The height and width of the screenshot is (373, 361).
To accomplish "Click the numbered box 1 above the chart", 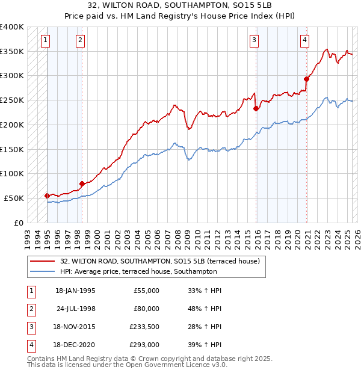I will tap(46, 40).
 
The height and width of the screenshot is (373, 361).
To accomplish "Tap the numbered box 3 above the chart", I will tap(255, 40).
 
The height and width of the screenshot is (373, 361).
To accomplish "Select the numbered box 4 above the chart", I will tap(305, 40).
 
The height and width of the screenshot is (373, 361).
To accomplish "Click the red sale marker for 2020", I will tap(306, 79).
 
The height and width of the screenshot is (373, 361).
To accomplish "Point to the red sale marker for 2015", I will tap(256, 108).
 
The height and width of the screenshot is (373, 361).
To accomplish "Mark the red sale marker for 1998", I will tap(82, 183).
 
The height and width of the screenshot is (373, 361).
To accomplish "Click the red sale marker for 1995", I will tap(47, 196).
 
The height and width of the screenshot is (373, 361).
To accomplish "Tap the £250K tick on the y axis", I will tap(12, 100).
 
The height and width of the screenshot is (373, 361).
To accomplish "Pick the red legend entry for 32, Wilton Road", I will tap(159, 261).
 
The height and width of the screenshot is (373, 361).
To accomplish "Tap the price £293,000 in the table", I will tap(144, 345).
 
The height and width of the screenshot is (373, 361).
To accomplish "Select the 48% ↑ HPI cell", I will tap(205, 309).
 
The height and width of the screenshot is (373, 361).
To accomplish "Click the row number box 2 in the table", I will tap(29, 309).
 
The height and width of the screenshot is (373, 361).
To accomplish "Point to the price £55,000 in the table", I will tap(146, 291).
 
